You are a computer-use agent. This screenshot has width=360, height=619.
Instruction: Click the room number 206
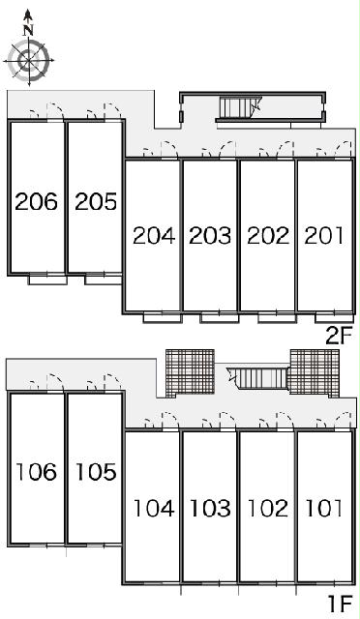coord(36,201)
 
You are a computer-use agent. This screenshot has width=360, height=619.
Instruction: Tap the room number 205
coord(96,201)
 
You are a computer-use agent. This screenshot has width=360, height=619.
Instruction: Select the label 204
coord(154,236)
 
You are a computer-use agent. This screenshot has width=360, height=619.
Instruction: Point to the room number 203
coord(210,236)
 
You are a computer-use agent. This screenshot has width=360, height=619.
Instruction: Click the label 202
coord(268,236)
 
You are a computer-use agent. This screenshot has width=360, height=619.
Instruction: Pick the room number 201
coord(323,236)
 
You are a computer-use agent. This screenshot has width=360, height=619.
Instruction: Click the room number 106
coord(36,472)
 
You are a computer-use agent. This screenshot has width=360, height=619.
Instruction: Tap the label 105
coord(96,472)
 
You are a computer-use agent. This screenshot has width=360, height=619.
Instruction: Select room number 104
coord(154,508)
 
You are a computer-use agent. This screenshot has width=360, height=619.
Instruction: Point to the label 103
coord(210,508)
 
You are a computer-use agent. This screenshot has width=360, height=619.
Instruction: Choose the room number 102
coord(268,508)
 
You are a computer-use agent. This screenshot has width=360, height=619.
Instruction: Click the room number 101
coord(323,508)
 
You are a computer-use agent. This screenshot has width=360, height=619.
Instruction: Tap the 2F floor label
coord(339,337)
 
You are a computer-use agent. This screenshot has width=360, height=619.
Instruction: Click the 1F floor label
coord(340,603)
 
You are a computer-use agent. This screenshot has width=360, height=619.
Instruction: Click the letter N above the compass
coord(28,30)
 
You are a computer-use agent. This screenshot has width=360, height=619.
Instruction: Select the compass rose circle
coord(28,61)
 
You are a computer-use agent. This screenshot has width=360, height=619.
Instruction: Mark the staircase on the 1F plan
coord(256,379)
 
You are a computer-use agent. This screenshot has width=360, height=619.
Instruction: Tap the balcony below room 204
coord(163,317)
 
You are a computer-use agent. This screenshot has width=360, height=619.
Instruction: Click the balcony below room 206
coord(47,280)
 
